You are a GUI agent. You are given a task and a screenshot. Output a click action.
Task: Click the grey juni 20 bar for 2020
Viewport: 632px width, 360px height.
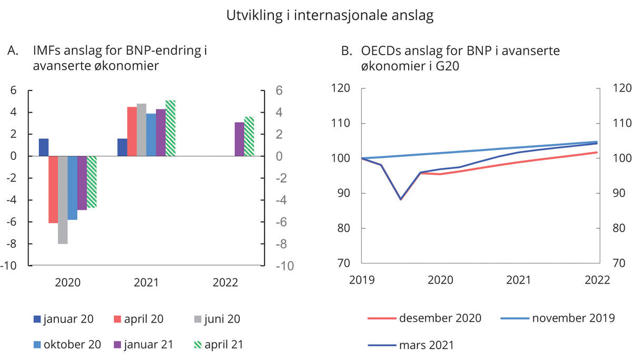point(63,200)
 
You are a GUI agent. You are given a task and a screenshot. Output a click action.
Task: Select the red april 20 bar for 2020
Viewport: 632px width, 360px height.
point(53,189)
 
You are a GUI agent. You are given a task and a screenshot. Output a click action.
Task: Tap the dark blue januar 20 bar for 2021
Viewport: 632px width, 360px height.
point(122,147)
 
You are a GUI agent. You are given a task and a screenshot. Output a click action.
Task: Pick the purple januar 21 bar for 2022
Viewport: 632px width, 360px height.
point(239,139)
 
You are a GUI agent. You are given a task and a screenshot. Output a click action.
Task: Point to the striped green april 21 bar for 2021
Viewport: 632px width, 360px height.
point(170,128)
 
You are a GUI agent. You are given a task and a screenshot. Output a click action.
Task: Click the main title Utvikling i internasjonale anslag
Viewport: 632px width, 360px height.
point(330,16)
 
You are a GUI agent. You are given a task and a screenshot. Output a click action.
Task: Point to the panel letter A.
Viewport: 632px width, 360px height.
point(13,51)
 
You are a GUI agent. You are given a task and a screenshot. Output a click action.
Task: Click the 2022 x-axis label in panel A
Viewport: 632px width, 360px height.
point(225,283)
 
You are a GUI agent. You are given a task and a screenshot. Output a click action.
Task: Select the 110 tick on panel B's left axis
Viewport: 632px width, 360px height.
point(341,124)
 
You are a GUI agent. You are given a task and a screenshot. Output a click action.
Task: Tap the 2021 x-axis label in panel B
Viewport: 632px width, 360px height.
point(519,280)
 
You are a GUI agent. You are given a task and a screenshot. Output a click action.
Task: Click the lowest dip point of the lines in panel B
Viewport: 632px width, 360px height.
point(401,199)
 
